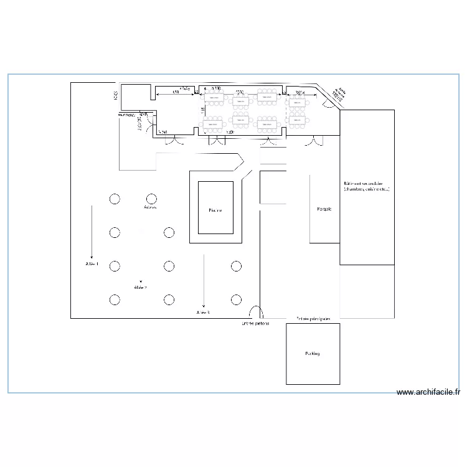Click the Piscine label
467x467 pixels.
pos(215,210)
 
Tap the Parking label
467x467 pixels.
pos(312,354)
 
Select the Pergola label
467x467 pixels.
pos(324,209)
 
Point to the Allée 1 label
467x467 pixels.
pos(92,265)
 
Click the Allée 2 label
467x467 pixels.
pos(141,288)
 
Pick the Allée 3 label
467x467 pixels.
pos(202,312)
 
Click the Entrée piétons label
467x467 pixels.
pos(255,324)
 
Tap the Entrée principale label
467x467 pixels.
pos(313,318)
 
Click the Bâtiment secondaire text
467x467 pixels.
pos(366,186)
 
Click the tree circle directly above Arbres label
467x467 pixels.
pos(150,199)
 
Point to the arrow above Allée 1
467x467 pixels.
pos(92,230)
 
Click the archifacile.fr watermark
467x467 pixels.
pos(428,392)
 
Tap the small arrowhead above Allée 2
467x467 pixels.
pos(141,281)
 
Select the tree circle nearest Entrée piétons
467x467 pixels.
pos(236,300)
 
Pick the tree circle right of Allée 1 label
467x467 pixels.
pos(115,267)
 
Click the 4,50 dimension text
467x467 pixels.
pos(176,92)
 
